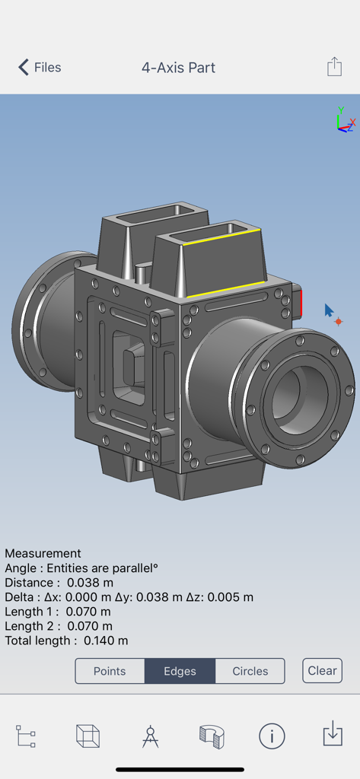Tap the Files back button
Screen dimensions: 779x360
pos(40,68)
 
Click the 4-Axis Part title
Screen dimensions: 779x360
pos(178,68)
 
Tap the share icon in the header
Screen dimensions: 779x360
pos(334,67)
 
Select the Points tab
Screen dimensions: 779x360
pos(110,671)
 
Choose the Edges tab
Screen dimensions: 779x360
pos(180,671)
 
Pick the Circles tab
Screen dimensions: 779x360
pos(250,671)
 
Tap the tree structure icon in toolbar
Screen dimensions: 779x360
pos(26,736)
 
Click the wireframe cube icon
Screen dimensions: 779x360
pos(88,736)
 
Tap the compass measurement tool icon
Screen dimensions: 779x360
pos(150,736)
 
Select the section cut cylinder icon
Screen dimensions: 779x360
pos(211,736)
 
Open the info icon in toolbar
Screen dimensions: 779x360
pos(272,736)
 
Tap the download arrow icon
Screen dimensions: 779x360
pos(333,735)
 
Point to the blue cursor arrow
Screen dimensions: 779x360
pos(329,310)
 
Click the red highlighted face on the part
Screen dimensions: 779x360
pos(298,303)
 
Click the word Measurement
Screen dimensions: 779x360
pos(43,553)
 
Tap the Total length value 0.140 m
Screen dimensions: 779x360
pos(106,641)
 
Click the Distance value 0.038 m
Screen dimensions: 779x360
pos(90,583)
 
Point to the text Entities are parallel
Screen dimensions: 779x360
pos(102,568)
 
